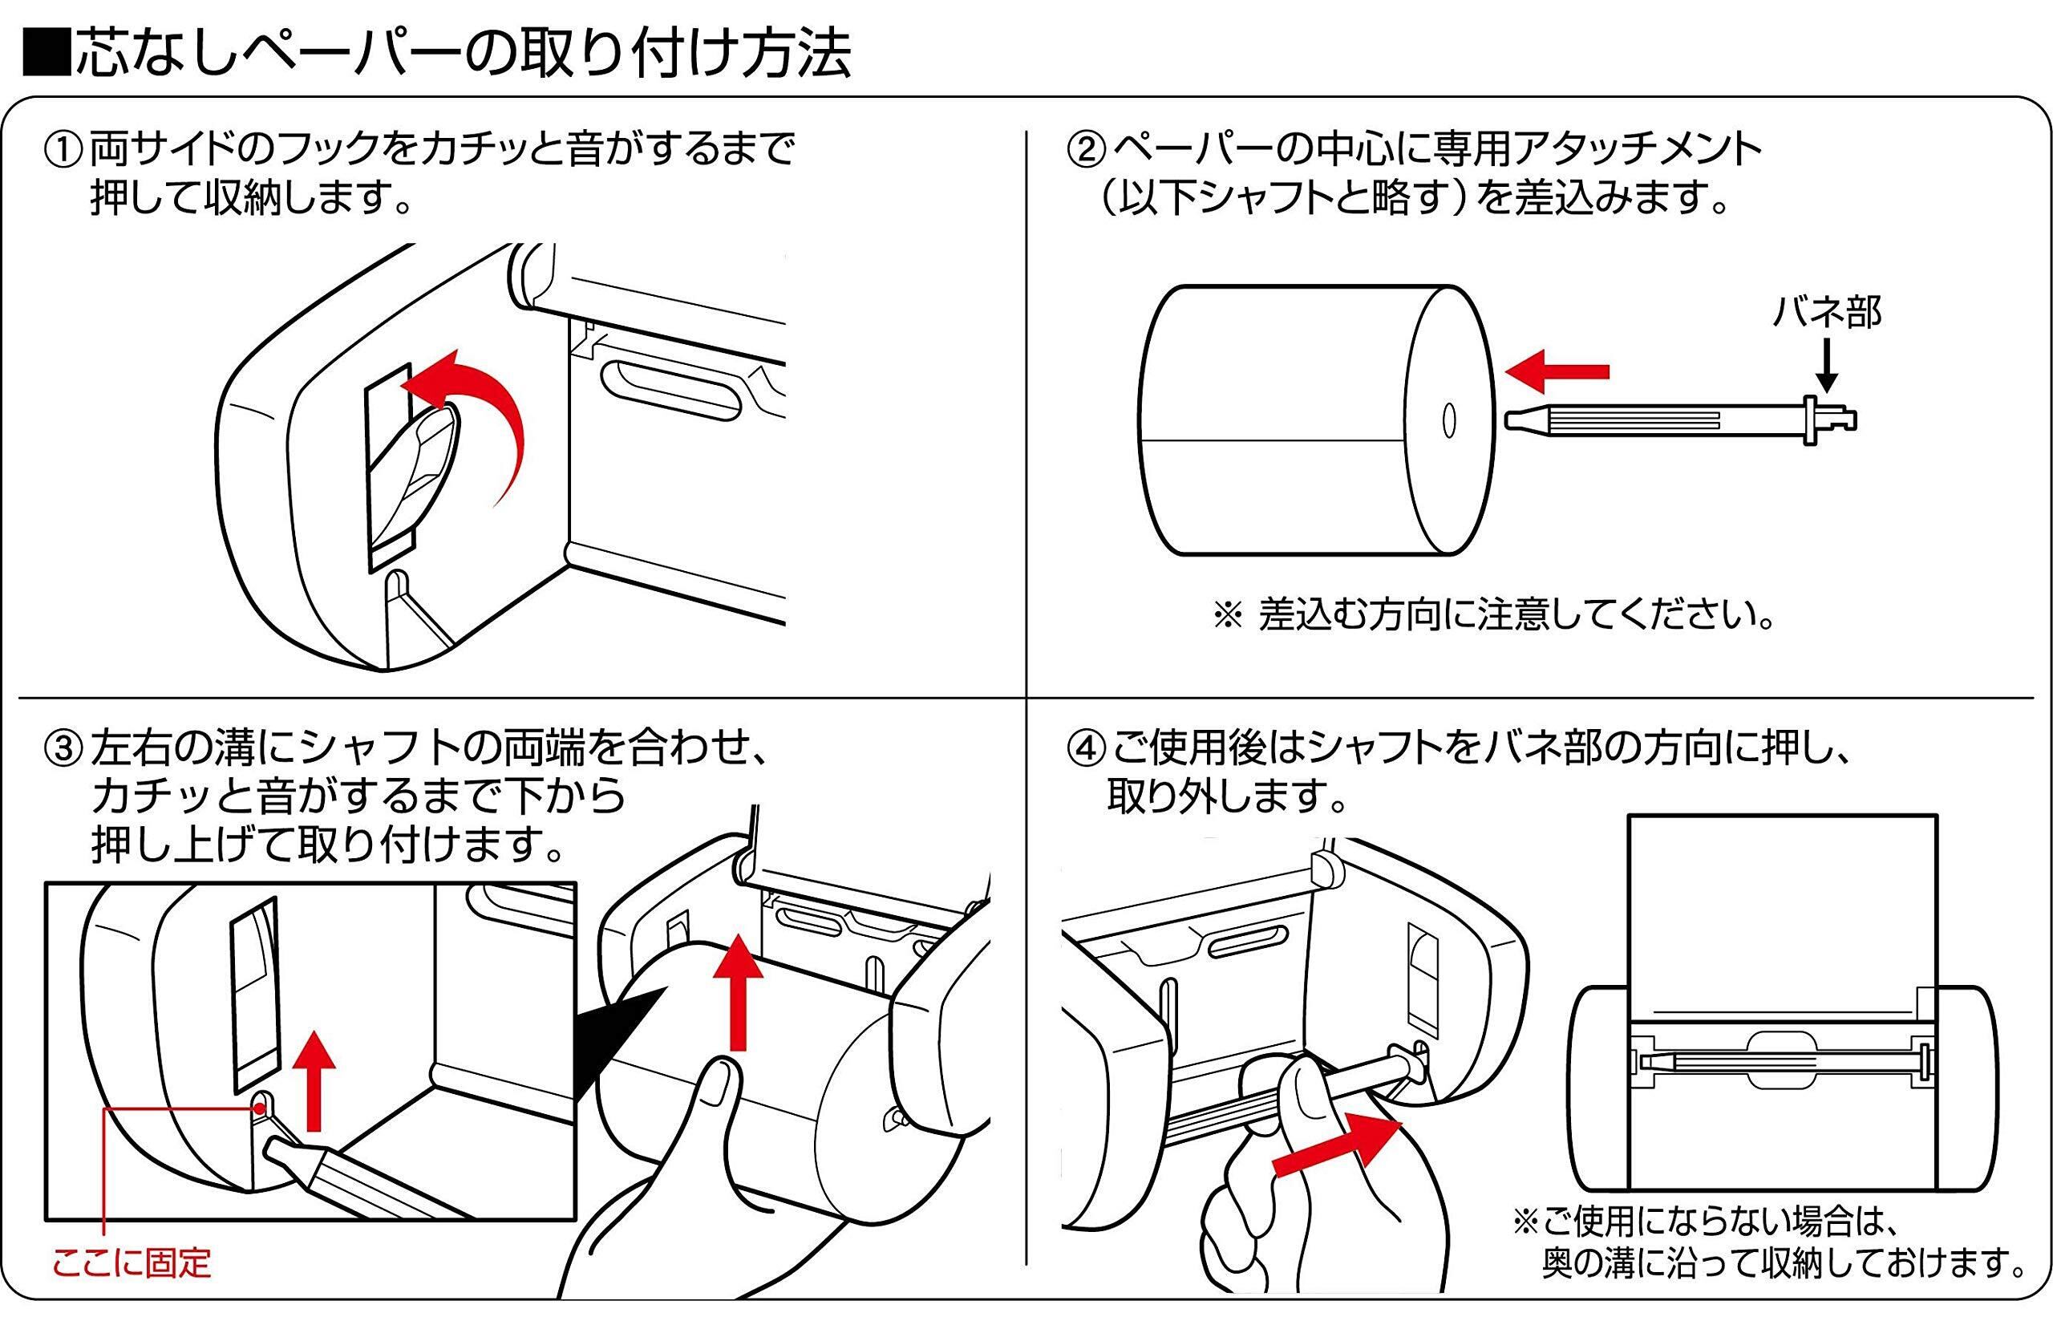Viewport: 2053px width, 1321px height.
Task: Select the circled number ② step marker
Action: click(1086, 151)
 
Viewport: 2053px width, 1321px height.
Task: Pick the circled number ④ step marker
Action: click(1086, 749)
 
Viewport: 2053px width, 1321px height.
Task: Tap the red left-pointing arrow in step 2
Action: click(1556, 371)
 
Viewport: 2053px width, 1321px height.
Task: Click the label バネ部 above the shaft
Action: click(1827, 312)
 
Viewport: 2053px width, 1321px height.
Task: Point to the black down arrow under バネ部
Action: click(1827, 366)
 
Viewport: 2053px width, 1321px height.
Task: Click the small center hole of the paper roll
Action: click(1448, 420)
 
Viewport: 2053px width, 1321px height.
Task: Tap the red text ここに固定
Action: click(132, 1262)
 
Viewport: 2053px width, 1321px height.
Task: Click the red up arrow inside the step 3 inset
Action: click(314, 1081)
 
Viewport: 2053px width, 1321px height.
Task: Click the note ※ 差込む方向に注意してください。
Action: click(1493, 615)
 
